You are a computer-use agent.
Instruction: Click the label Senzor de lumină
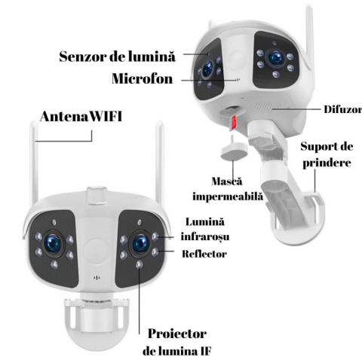(x=117, y=56)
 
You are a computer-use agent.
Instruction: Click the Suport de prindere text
(x=326, y=153)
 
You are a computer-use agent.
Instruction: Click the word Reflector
(x=204, y=254)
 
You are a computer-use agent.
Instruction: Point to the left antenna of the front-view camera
(x=35, y=166)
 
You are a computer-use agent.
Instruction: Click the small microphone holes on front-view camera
(x=96, y=276)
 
